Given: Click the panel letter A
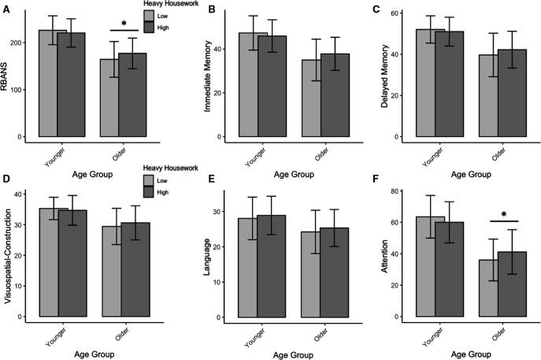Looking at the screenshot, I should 5,8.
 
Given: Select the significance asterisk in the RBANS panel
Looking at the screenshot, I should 124,24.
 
